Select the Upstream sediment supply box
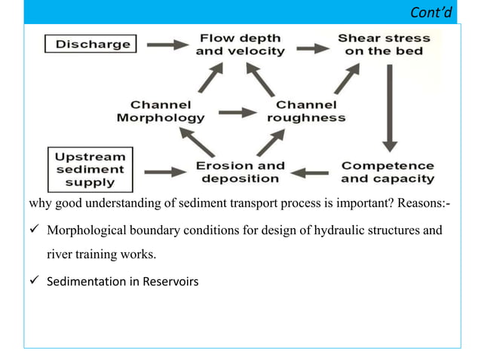coord(90,168)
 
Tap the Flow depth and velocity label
coord(240,44)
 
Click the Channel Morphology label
coord(160,111)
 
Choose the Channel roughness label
coord(305,111)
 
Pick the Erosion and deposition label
coord(240,172)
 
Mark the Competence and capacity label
coord(388,172)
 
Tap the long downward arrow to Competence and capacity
coord(389,105)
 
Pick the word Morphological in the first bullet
coord(87,230)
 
